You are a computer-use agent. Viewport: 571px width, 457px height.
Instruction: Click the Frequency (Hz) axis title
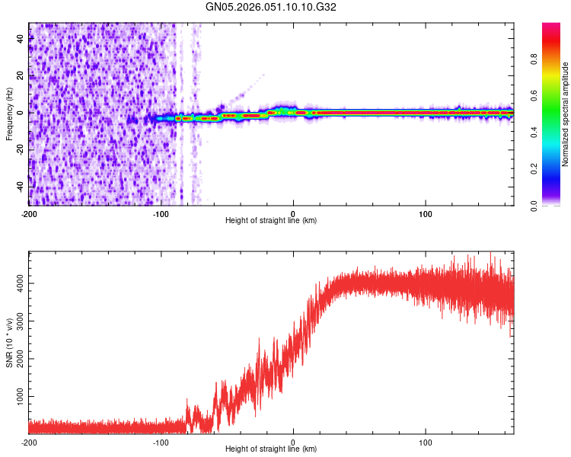[9, 113]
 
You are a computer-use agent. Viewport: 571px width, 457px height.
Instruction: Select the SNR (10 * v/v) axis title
[9, 342]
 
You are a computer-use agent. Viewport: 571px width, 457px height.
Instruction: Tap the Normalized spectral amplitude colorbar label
[566, 114]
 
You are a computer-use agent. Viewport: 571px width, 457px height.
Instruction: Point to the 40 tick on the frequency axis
[21, 40]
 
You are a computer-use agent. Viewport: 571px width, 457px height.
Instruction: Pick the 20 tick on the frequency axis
[21, 76]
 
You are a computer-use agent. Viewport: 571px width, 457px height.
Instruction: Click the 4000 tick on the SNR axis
[17, 283]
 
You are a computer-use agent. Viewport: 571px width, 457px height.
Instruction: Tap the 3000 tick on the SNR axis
[17, 321]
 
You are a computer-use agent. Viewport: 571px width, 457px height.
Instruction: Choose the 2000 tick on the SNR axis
[17, 360]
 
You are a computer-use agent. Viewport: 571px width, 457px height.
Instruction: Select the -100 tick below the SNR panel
[161, 443]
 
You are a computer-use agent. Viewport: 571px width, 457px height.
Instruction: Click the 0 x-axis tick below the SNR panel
[294, 443]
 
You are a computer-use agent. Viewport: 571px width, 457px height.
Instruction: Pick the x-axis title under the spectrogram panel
[271, 221]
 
